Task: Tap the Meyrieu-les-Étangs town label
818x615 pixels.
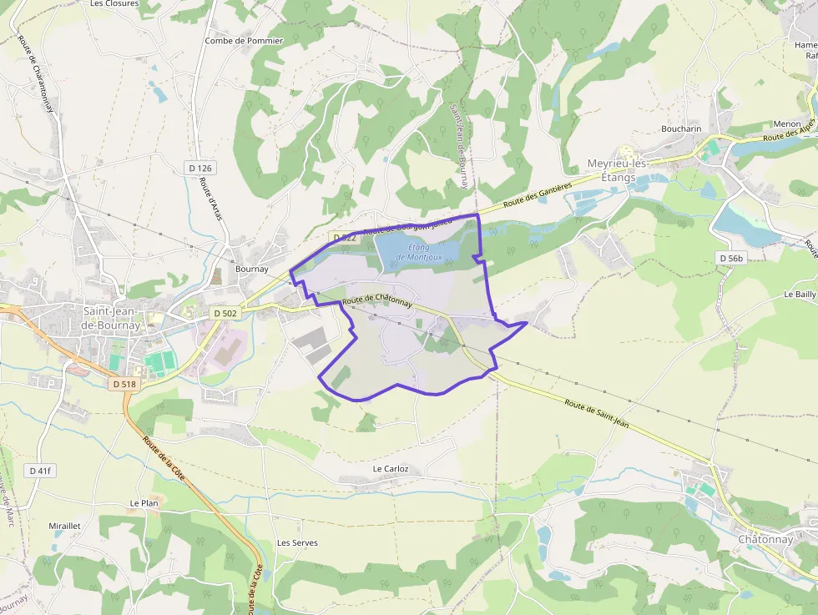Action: (618, 170)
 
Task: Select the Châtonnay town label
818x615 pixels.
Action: (765, 539)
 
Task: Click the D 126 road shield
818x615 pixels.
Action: (200, 169)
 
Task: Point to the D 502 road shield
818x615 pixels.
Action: (225, 313)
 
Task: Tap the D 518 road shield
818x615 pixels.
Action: (123, 384)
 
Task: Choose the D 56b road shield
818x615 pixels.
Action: (730, 259)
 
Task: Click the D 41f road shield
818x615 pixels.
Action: (39, 471)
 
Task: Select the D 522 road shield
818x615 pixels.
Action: (344, 238)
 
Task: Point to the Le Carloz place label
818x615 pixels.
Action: (391, 469)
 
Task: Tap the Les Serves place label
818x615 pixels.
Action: (297, 542)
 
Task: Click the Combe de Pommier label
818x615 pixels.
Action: (244, 41)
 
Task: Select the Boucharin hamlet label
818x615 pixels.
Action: (681, 129)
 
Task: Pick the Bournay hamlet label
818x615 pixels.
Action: (251, 270)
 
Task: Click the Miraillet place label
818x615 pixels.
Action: (64, 527)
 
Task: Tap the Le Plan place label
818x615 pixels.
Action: (144, 503)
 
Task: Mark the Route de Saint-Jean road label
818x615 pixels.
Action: (596, 415)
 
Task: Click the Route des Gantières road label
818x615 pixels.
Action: (536, 197)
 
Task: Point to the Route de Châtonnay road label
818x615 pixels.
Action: (377, 300)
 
